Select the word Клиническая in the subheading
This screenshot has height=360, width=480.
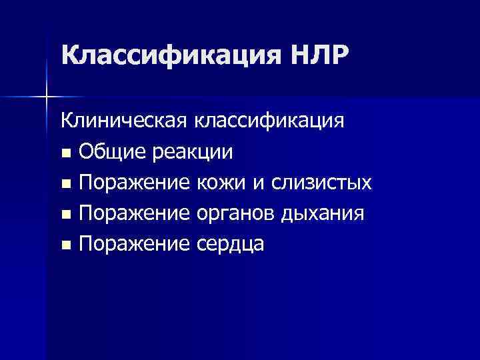125,121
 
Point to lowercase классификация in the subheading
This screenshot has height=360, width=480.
269,121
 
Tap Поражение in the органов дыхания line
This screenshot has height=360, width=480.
135,214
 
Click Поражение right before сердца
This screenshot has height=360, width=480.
135,245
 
